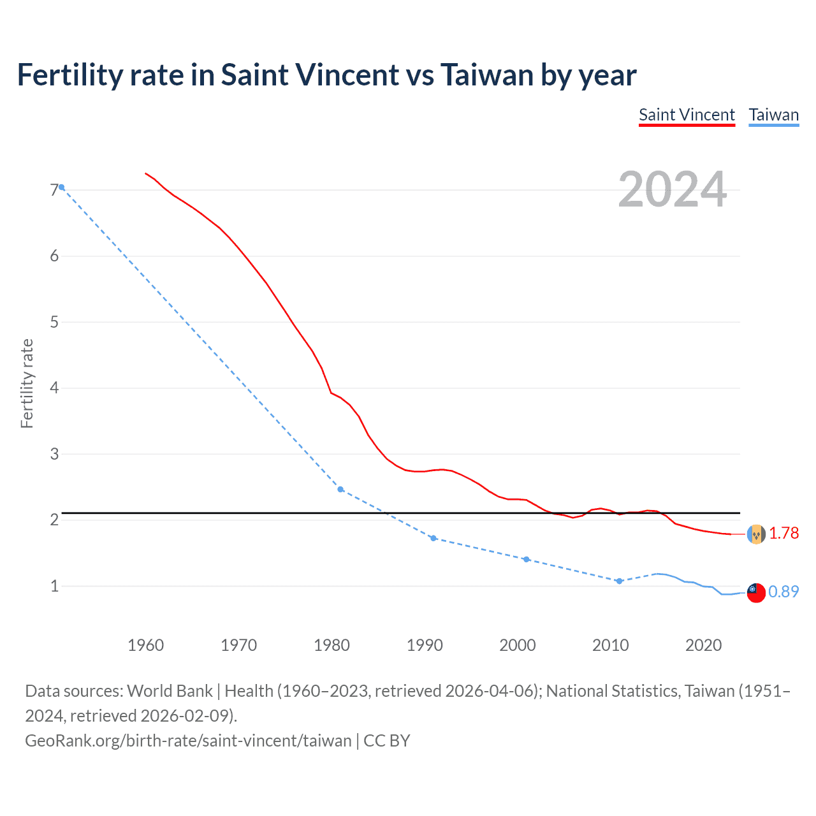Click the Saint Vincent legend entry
(687, 115)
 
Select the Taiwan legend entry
(773, 115)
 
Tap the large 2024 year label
(673, 189)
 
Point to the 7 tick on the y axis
(54, 190)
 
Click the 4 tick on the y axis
(54, 388)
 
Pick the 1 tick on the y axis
(54, 586)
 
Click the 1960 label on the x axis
(145, 645)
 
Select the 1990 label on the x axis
(425, 645)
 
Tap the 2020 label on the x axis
(703, 645)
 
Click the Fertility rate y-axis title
(27, 383)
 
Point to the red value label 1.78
(783, 533)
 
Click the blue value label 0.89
(783, 592)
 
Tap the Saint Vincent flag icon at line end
(755, 534)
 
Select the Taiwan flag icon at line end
(755, 592)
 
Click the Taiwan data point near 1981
(340, 489)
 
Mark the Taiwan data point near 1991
(433, 538)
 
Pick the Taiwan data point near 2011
(619, 581)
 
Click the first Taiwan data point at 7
(61, 187)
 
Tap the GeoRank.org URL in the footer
(188, 740)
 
